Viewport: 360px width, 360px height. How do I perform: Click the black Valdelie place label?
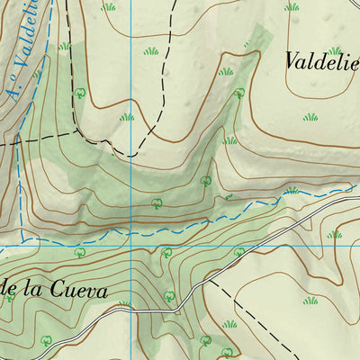coord(322,62)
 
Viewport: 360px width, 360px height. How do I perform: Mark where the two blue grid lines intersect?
coord(132,245)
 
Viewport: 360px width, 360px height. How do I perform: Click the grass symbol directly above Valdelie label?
coord(335,50)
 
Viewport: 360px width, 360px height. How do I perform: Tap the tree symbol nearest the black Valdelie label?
coord(239,93)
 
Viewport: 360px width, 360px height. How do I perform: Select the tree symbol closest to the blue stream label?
coord(80,92)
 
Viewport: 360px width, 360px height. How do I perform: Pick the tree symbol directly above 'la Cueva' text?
coord(80,254)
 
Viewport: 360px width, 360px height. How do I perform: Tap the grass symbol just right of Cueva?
coord(124,304)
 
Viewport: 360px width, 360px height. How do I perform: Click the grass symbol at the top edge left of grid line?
coord(109,6)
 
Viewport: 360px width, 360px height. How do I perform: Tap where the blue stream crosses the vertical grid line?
coord(132,231)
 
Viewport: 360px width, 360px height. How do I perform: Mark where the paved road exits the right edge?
coord(358,197)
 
